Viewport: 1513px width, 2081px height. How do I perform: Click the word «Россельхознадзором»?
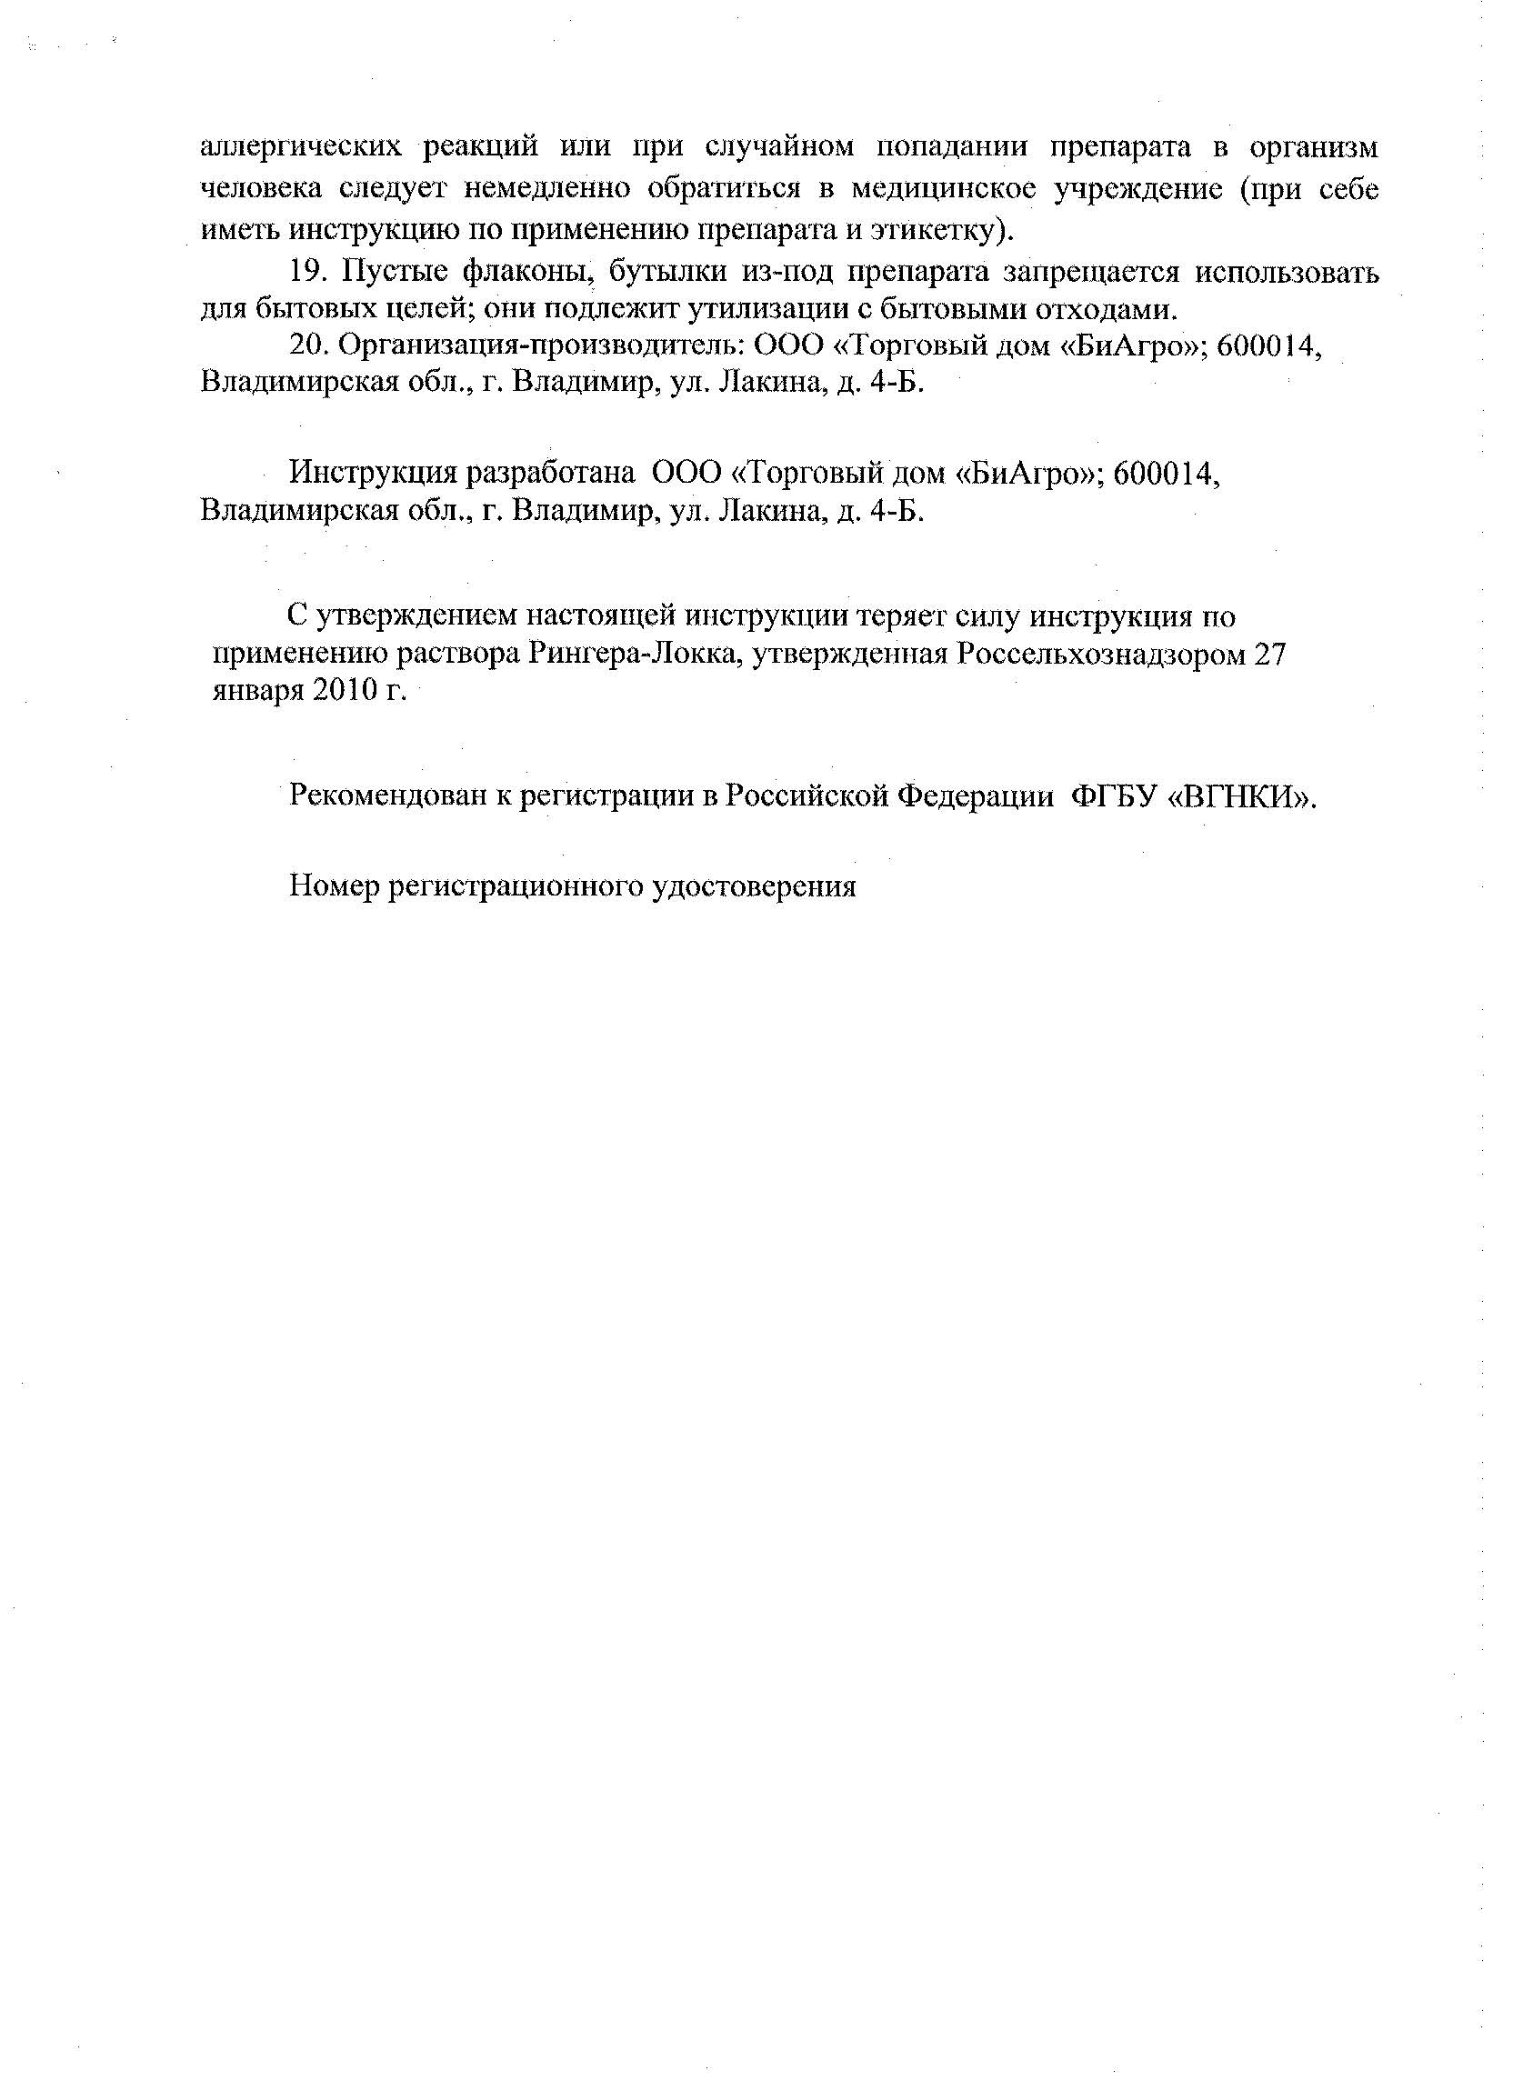click(x=1101, y=654)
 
